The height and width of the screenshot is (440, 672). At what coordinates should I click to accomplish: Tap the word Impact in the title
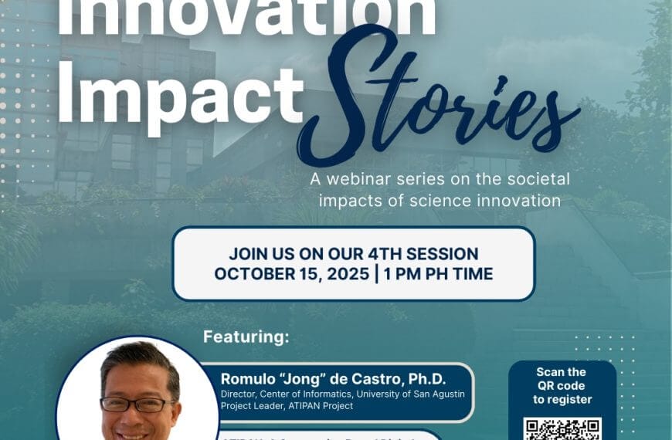coord(180,94)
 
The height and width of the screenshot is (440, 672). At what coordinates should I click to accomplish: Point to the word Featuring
coord(246,337)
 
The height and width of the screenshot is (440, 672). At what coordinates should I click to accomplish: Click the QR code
coord(562,429)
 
